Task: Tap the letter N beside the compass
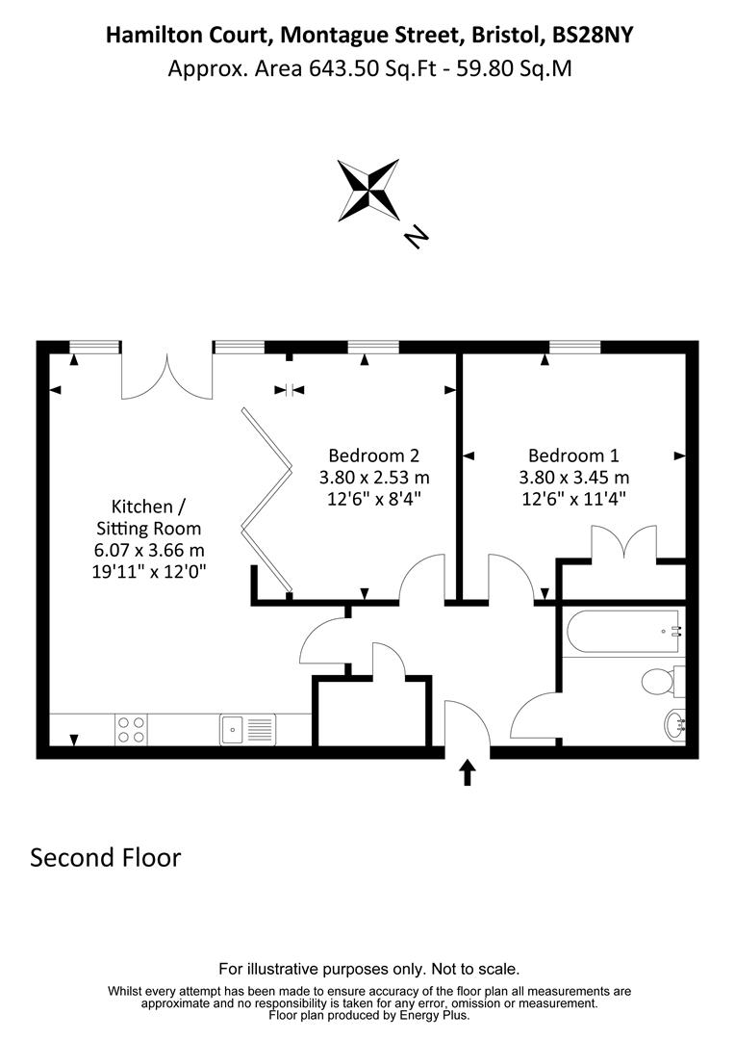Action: (x=416, y=236)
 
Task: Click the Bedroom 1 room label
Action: (x=573, y=455)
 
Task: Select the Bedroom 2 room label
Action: (x=374, y=455)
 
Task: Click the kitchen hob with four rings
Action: (x=131, y=730)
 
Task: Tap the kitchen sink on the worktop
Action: (x=246, y=730)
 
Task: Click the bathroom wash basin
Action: (x=675, y=724)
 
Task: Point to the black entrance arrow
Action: (x=468, y=772)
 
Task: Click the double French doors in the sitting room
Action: (x=166, y=377)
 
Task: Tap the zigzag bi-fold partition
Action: (x=267, y=499)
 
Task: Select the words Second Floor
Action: (x=106, y=857)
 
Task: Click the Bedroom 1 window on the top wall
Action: (x=574, y=347)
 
